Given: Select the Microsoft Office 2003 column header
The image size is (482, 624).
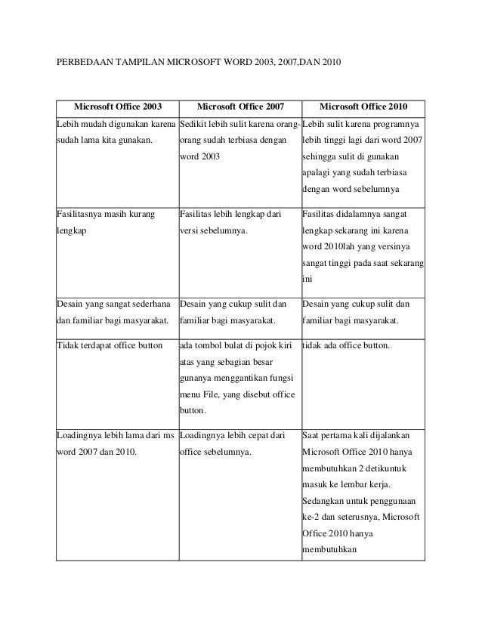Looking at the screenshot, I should [117, 107].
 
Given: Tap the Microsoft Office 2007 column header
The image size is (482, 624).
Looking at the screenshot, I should [239, 107].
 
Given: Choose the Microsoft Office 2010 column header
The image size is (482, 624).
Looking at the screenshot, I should [363, 107].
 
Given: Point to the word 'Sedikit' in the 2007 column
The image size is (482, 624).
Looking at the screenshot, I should [195, 123].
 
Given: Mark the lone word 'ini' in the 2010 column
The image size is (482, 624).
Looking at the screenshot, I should [307, 280].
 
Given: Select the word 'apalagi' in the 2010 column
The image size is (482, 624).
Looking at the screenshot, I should [318, 172].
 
